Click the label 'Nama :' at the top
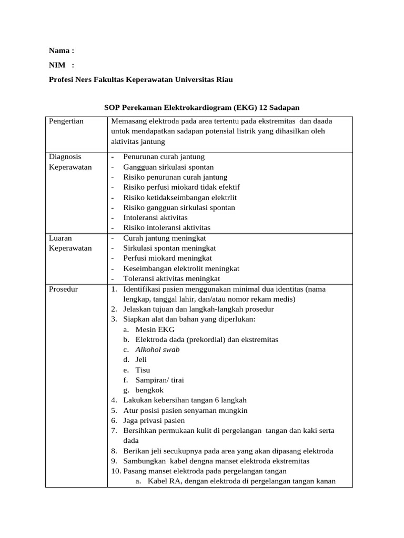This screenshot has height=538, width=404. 62,51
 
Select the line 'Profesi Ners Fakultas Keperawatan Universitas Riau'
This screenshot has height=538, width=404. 140,79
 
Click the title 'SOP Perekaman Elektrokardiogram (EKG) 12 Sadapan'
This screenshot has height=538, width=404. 201,108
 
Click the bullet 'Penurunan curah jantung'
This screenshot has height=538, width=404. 164,157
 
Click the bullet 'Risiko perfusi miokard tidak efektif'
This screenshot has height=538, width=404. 181,187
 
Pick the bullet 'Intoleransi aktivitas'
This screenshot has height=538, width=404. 155,218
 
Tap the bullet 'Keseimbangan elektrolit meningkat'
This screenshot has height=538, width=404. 181,268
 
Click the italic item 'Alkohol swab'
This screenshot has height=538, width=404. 157,349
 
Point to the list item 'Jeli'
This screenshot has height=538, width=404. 141,360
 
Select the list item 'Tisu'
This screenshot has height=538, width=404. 143,370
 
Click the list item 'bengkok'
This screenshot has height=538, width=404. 149,390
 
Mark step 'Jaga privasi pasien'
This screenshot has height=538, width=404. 154,421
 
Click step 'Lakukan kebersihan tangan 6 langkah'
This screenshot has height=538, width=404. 185,400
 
